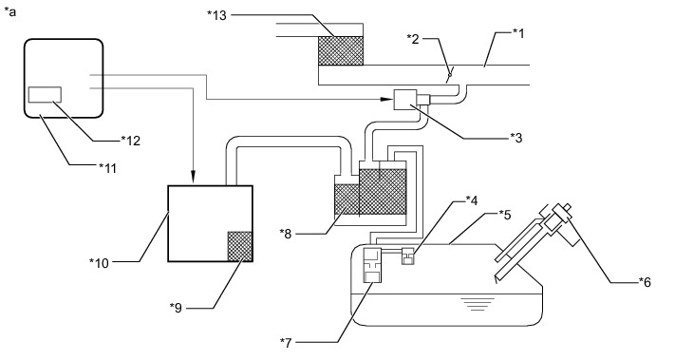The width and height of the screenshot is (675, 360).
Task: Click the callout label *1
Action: (518, 33)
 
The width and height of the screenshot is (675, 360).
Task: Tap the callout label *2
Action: (412, 39)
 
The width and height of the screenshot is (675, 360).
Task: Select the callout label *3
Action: (516, 138)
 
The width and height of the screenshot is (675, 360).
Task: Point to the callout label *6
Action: (645, 282)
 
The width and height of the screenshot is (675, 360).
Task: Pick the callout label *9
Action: (176, 308)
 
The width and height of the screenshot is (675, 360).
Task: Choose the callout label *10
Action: (99, 263)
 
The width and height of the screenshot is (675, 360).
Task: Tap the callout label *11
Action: (107, 167)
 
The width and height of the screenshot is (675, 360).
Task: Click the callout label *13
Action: (216, 15)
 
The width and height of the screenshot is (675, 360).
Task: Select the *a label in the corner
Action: (9, 11)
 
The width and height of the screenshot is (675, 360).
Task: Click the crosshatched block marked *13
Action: (341, 50)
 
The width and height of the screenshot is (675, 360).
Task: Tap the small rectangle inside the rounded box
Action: (45, 95)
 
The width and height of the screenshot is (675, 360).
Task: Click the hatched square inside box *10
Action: (240, 246)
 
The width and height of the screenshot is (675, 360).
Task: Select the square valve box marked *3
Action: (405, 100)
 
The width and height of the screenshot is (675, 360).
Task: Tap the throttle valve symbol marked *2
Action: (449, 75)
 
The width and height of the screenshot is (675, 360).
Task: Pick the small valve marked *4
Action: (407, 256)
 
